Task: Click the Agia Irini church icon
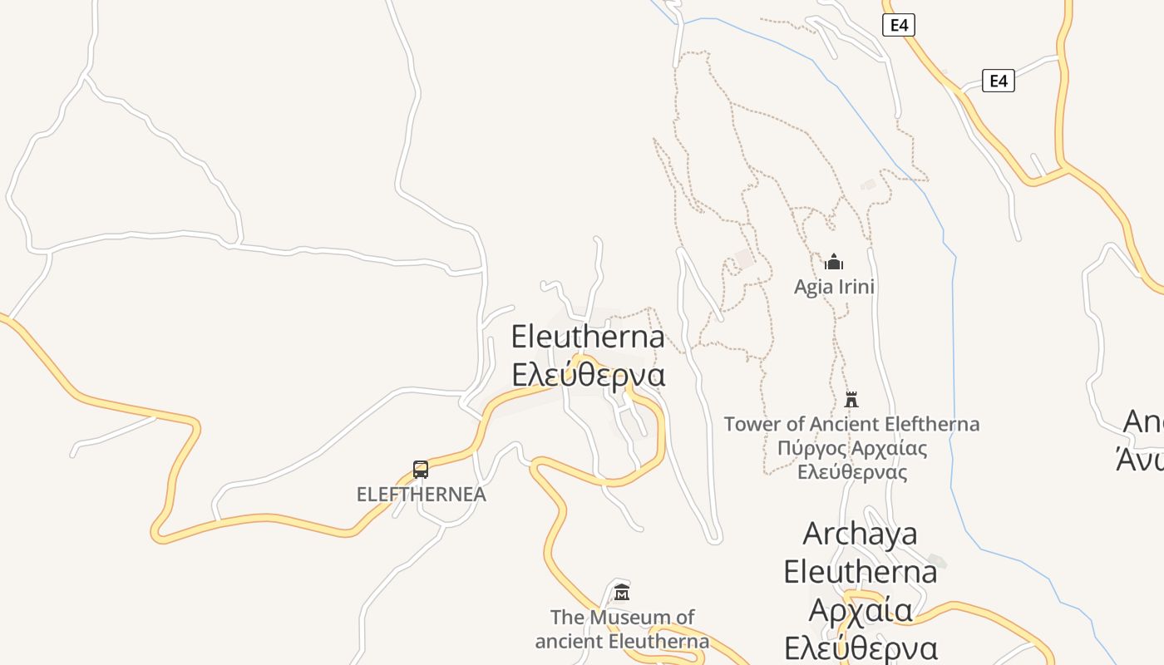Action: (834, 263)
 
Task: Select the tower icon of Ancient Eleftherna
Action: (851, 400)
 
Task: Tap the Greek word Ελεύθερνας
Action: (851, 472)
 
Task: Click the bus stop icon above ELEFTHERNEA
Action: (421, 470)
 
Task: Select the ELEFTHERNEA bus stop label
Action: (421, 495)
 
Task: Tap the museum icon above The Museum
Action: (622, 593)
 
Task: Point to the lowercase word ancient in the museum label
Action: (570, 642)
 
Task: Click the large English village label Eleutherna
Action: (588, 337)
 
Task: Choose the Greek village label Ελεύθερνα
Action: (588, 375)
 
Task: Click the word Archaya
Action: (860, 534)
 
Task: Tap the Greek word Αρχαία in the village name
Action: (860, 610)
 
